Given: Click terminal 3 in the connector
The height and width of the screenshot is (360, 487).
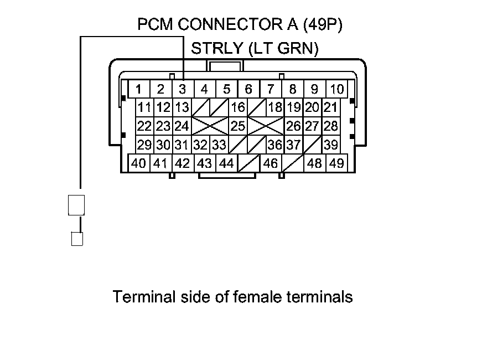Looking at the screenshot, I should point(182,89).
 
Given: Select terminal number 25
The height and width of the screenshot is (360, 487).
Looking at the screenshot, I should point(238,126).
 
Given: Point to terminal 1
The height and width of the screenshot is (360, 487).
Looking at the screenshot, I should point(138,89).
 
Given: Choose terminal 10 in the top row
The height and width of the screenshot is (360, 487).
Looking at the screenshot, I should point(336,89).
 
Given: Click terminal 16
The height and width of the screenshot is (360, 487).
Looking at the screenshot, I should point(238,107).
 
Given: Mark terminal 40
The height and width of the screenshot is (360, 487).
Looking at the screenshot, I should point(139,163).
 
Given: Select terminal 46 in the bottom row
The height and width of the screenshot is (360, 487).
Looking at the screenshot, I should point(271,163).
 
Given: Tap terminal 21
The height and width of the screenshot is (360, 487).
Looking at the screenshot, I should point(331,107).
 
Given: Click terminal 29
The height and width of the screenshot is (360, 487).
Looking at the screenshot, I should point(144,145).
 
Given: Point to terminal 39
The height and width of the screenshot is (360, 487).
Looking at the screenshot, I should point(331,145).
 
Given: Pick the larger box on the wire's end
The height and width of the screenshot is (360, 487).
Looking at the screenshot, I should point(76,204).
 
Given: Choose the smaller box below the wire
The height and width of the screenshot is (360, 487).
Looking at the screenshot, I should point(77,239).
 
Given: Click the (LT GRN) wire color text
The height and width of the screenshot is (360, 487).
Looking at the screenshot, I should point(283,49).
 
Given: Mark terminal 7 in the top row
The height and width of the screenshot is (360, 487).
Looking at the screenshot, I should point(271,89).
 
